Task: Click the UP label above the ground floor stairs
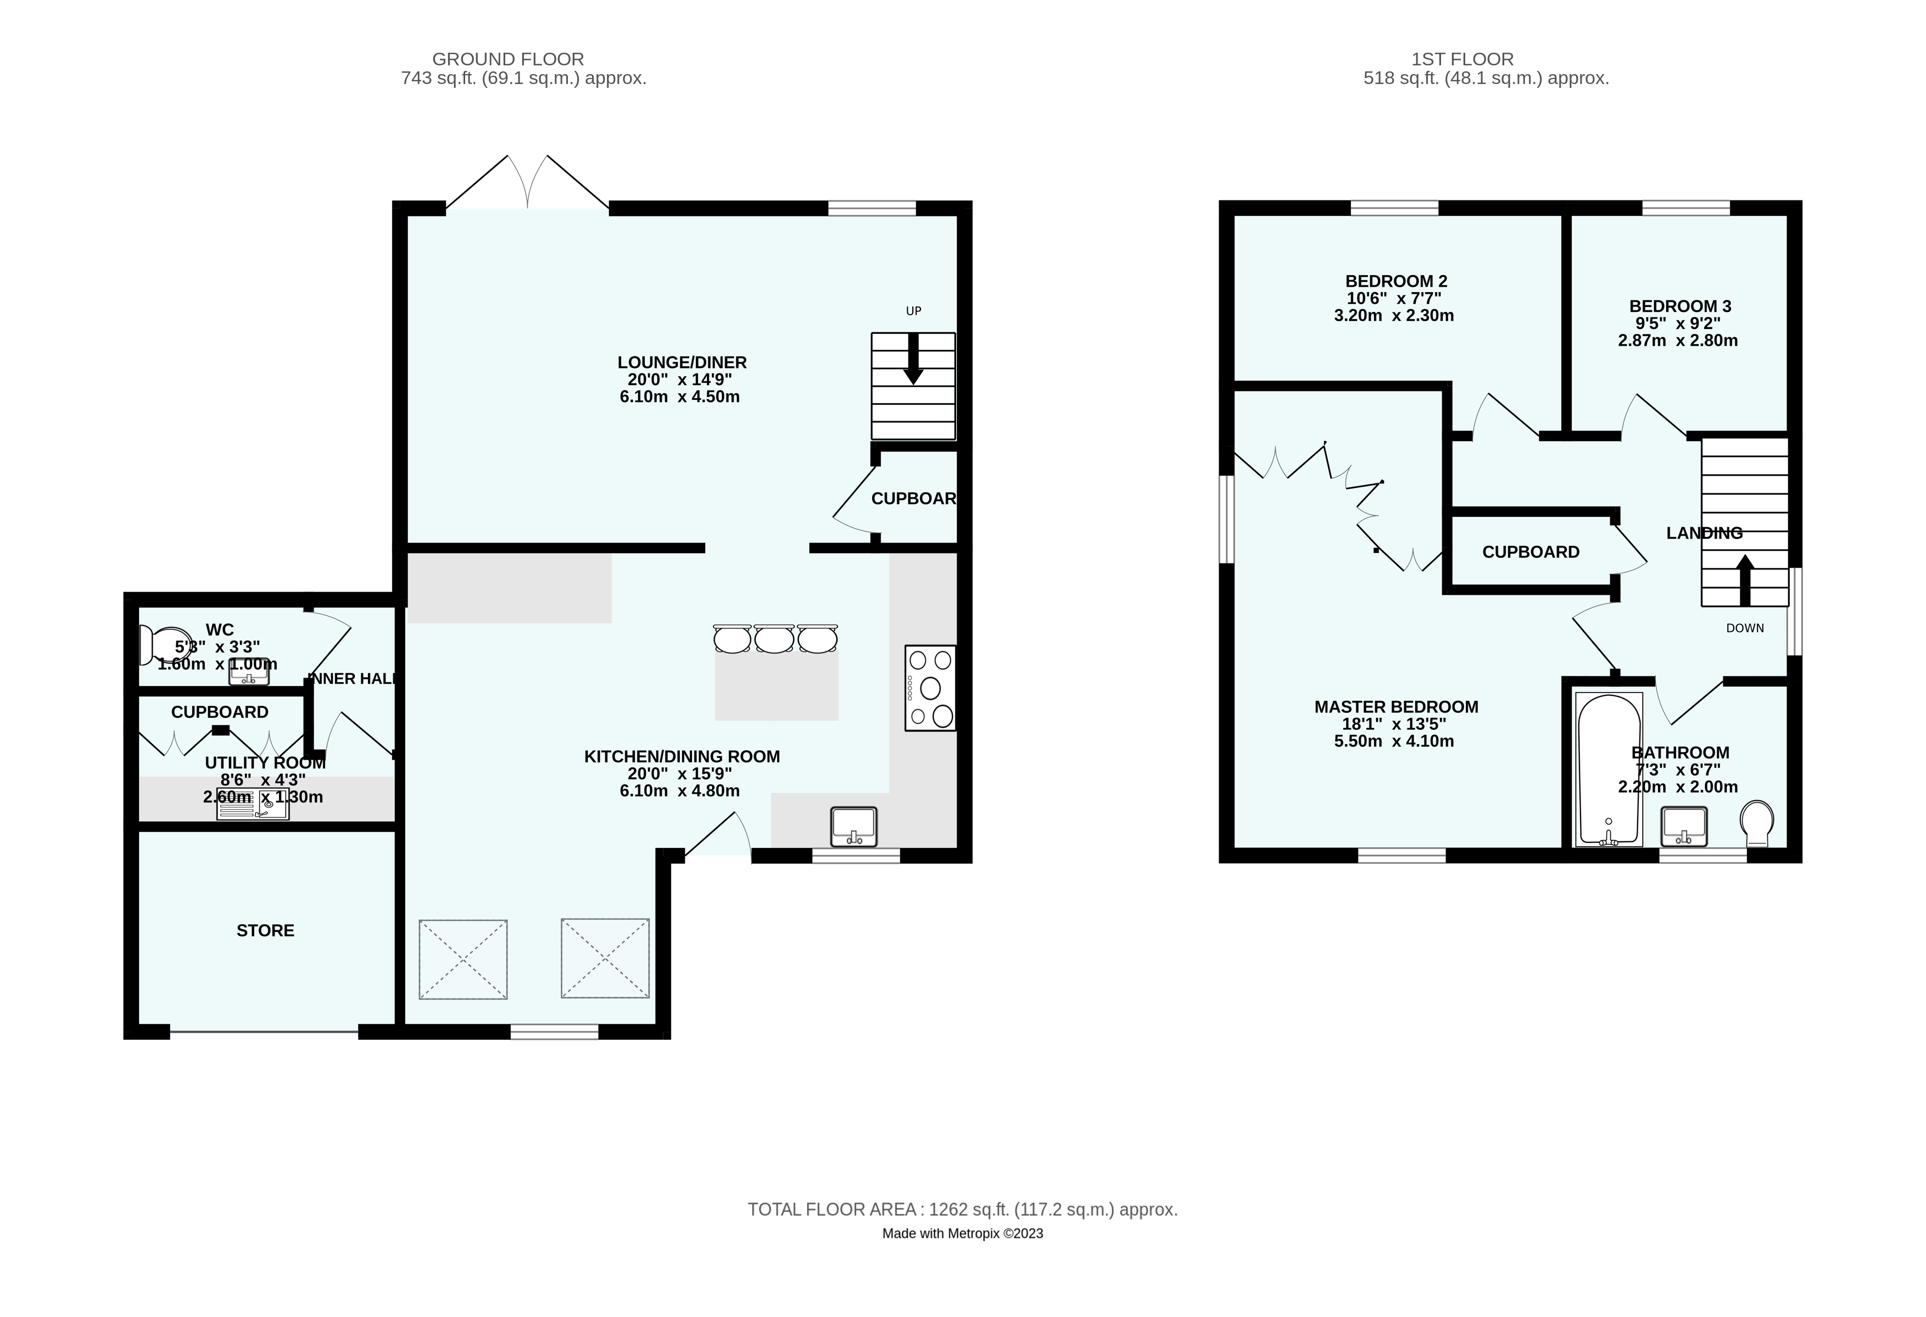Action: [913, 311]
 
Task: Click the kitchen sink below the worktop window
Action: [853, 827]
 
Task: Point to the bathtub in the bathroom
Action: [1609, 768]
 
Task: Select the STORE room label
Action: [265, 930]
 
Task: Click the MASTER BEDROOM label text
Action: [1395, 706]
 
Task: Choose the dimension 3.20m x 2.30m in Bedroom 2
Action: [1394, 316]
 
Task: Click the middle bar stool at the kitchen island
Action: [774, 639]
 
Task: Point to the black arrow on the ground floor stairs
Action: [913, 359]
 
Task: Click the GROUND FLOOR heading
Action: [508, 59]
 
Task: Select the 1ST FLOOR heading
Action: [1462, 59]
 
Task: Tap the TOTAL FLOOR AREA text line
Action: [962, 1209]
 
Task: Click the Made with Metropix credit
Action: [962, 1234]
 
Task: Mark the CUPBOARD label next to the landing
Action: [1531, 552]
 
